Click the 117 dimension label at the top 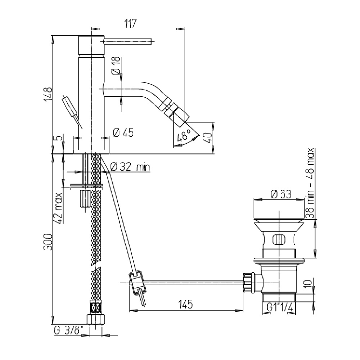pos(130,24)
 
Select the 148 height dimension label pos(49,95)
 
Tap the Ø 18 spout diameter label pos(116,66)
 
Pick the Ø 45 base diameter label pos(123,132)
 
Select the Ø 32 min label pos(130,167)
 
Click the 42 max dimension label pos(59,208)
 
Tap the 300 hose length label pos(49,242)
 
